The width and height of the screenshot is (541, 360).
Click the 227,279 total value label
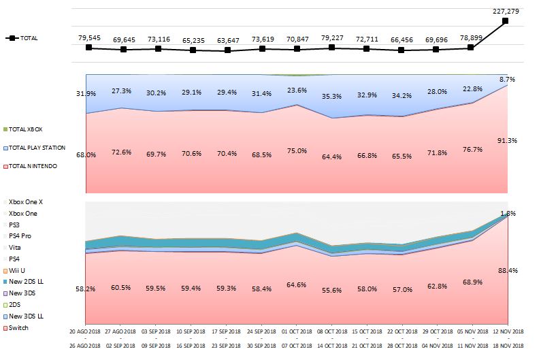tap(505, 10)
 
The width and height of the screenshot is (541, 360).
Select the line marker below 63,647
tap(227, 50)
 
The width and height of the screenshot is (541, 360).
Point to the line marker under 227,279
tap(505, 21)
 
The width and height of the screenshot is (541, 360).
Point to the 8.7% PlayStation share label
tap(507, 80)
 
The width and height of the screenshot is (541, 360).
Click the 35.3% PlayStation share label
tap(331, 97)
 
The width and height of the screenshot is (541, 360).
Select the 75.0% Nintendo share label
tap(297, 152)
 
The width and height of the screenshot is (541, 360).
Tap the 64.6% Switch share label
tap(297, 284)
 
